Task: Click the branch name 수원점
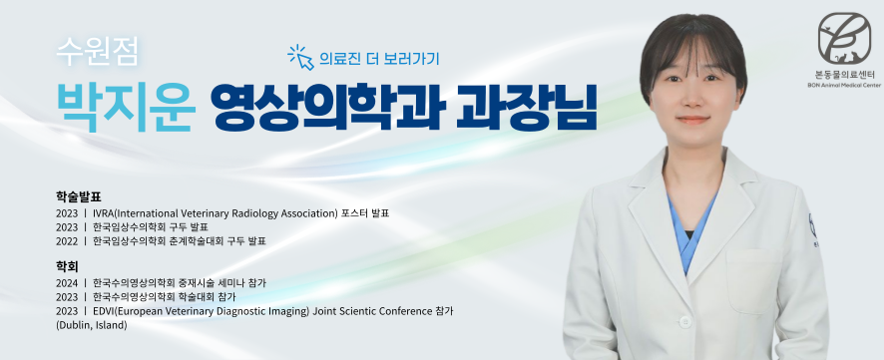[97, 53]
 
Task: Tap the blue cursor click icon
[300, 58]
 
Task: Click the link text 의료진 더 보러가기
[378, 58]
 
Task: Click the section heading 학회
[67, 266]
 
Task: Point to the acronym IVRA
[103, 213]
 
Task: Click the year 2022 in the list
[67, 241]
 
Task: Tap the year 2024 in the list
[67, 282]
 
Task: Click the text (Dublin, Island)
[92, 325]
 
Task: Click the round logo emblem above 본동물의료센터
[844, 38]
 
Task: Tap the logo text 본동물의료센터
[844, 75]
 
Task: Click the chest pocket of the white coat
[752, 281]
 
